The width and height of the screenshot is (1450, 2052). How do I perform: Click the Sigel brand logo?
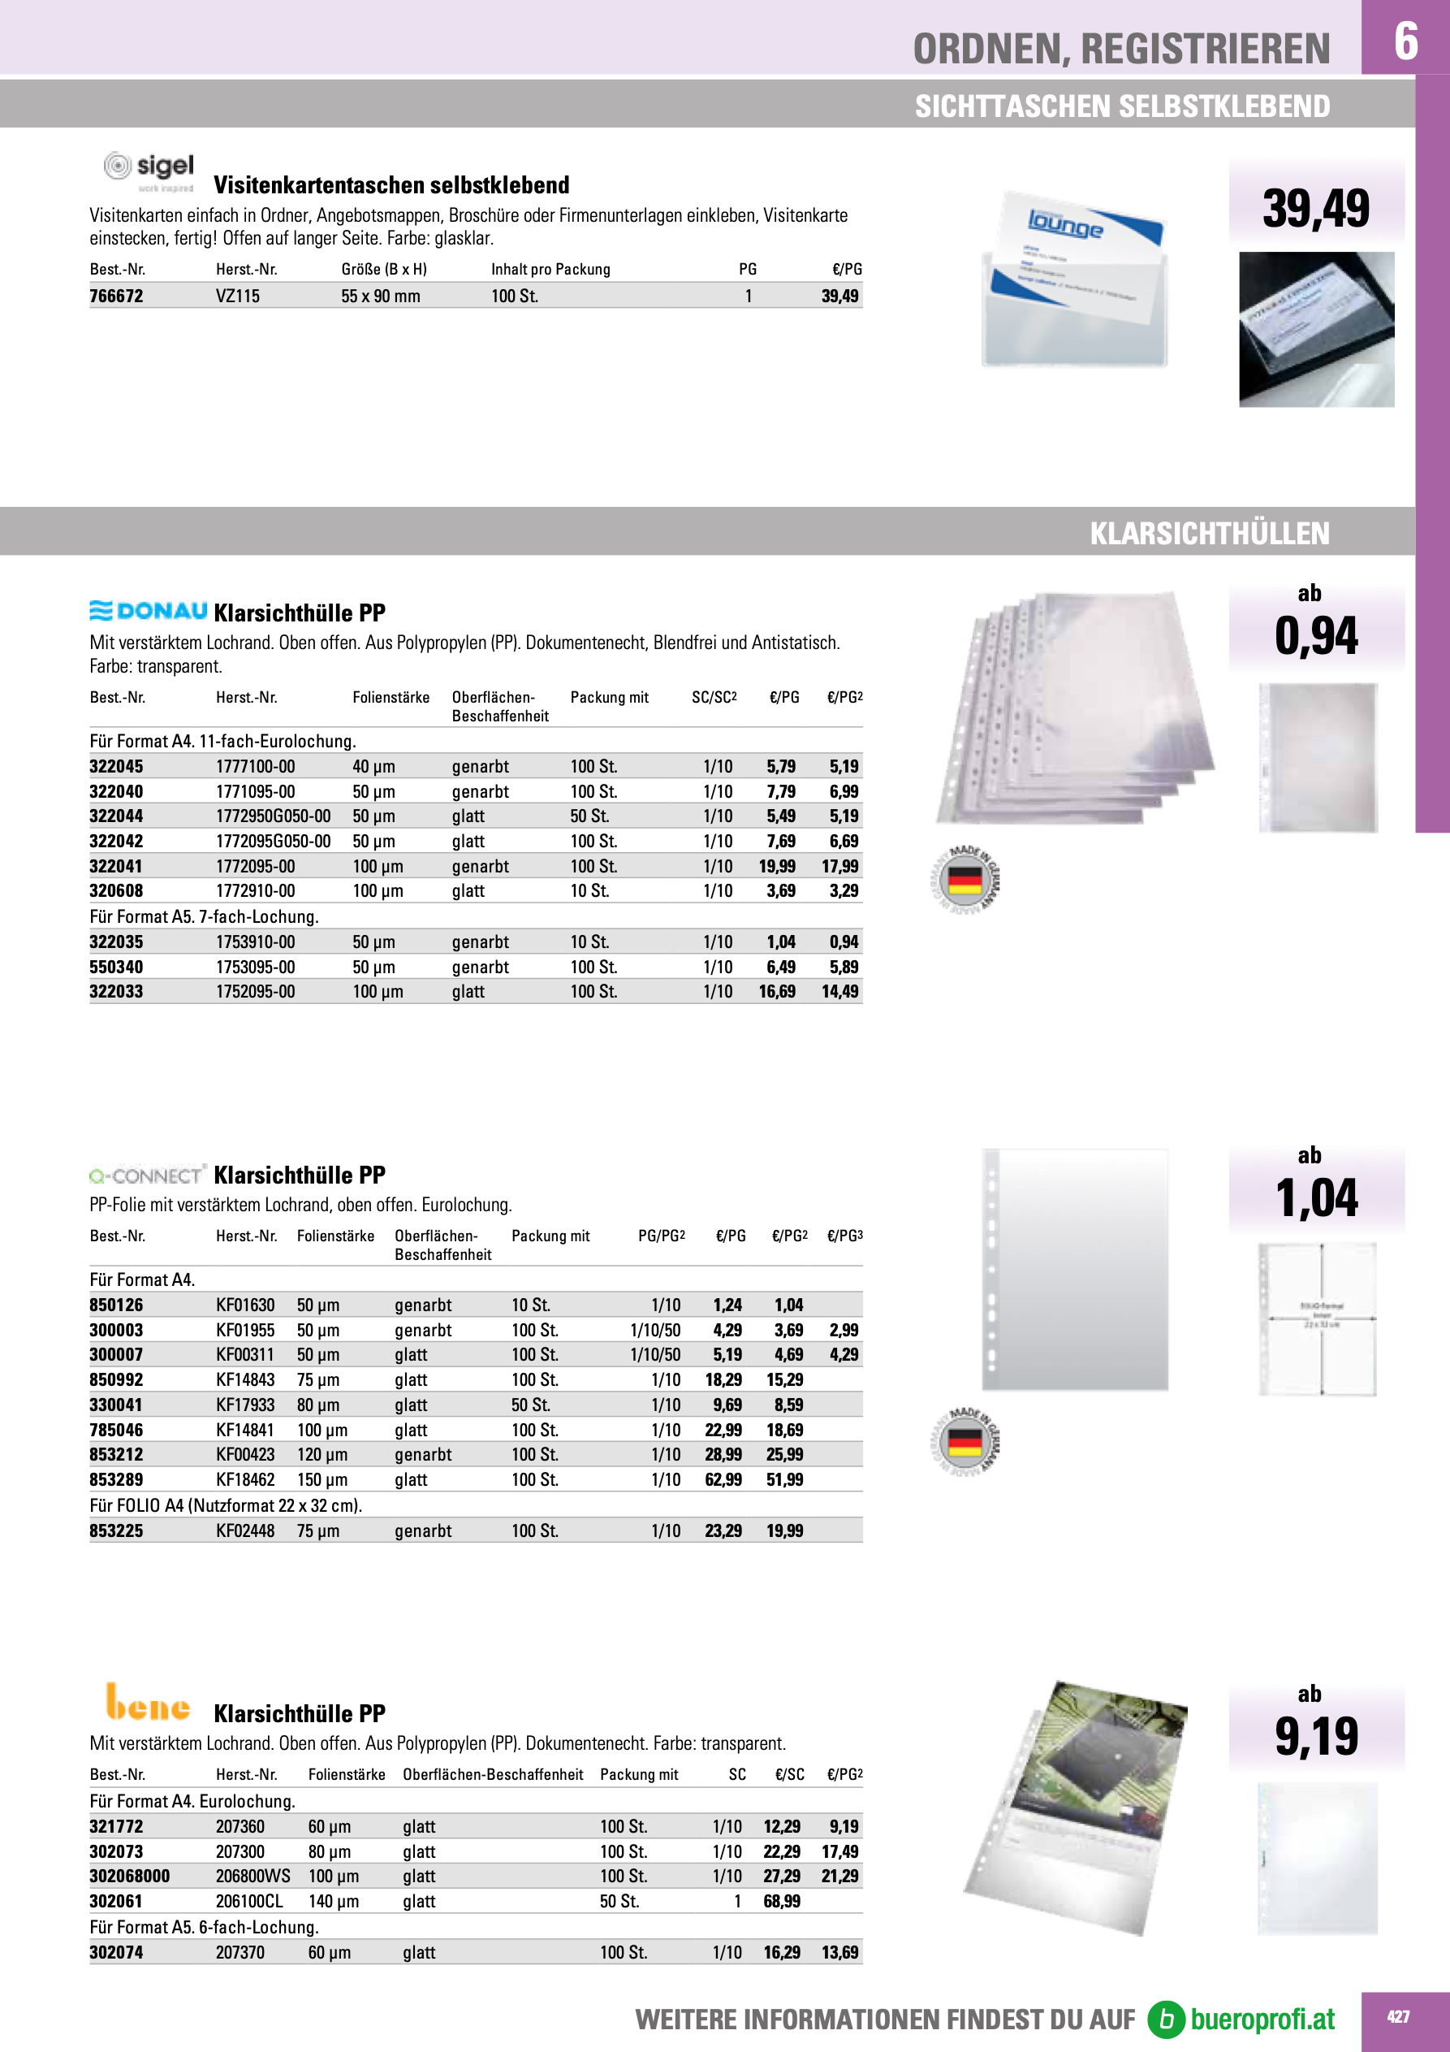[149, 171]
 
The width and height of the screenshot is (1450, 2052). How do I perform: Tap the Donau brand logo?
[149, 612]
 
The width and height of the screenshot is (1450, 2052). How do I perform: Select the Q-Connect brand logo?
[149, 1175]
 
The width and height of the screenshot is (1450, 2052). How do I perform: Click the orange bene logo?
[148, 1704]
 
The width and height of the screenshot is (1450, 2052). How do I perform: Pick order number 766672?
[116, 297]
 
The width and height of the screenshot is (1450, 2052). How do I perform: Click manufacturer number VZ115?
[238, 297]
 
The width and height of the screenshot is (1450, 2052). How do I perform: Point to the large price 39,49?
[1315, 209]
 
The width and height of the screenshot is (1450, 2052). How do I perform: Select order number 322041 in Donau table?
[116, 866]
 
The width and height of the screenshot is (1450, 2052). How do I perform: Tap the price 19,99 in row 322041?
[777, 866]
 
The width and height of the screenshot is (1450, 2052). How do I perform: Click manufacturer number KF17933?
[246, 1405]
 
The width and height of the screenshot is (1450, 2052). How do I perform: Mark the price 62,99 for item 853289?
[723, 1480]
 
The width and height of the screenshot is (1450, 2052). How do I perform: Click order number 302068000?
[130, 1877]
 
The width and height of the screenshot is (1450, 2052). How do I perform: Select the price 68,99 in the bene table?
[782, 1902]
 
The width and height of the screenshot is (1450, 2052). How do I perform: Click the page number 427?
[1398, 2017]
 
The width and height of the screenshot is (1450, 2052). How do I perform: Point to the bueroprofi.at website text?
[1262, 2019]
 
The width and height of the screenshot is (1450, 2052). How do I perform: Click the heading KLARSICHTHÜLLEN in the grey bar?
[1209, 534]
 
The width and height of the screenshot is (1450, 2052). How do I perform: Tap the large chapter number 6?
[1405, 41]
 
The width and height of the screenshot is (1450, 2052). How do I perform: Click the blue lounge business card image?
[1076, 277]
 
